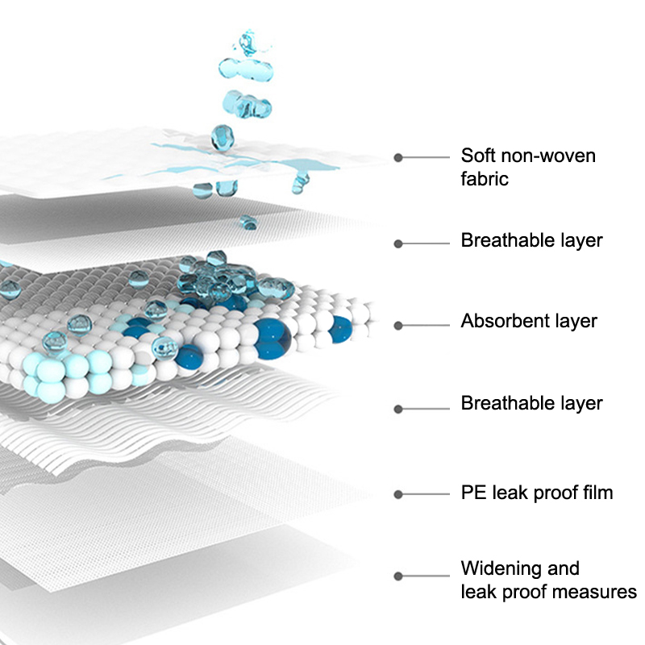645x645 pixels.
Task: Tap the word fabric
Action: (485, 179)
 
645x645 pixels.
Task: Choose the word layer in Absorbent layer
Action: (576, 321)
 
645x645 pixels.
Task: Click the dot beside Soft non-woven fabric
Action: (397, 157)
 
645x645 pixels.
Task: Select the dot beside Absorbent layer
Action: (397, 326)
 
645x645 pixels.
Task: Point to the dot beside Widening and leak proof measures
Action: (397, 576)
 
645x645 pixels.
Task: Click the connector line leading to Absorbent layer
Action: (425, 326)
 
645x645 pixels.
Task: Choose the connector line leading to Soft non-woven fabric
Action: (425, 157)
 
